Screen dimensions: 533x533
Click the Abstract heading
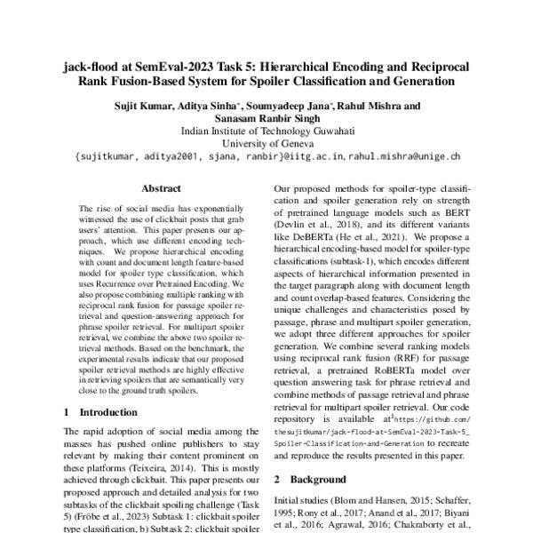[161, 188]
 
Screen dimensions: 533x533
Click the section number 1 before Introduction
[67, 412]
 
